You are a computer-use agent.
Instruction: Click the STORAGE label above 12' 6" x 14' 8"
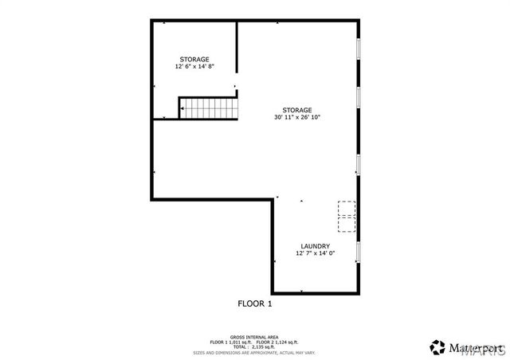tap(194, 60)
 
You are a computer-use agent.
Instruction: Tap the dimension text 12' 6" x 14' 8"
tap(194, 67)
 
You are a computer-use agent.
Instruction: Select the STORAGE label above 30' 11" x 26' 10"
tap(296, 110)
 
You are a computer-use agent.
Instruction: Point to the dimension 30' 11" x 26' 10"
tap(296, 117)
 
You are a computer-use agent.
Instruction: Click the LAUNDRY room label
tap(315, 246)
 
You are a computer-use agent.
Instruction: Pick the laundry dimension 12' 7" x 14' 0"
tap(315, 253)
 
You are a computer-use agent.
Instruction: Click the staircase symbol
tap(210, 108)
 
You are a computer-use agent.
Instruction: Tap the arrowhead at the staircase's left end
tap(181, 108)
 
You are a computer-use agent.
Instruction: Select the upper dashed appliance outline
tap(347, 208)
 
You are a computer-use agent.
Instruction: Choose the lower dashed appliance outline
tap(347, 223)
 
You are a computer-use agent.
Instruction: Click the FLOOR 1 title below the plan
tap(255, 303)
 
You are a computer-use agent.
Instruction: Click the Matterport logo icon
tap(437, 346)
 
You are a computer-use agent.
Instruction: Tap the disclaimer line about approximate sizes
tap(255, 352)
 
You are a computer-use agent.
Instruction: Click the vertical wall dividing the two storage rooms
tap(237, 52)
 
